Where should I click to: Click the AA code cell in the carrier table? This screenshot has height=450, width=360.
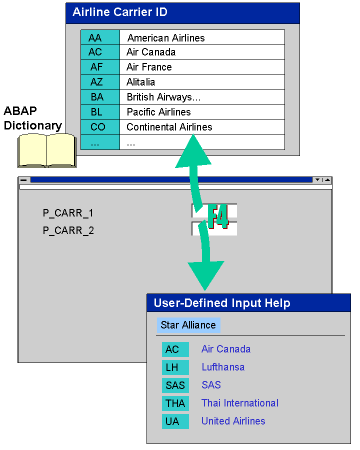(100, 37)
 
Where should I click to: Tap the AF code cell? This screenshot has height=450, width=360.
(100, 67)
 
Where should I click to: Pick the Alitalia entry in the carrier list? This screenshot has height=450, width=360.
(140, 82)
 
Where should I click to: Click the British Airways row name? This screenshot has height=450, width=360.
(163, 97)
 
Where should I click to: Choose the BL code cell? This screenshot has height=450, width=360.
(100, 112)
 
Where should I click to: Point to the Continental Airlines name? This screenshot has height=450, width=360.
(169, 127)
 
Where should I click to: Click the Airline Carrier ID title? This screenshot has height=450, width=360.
(120, 12)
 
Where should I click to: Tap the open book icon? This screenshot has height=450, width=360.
(47, 150)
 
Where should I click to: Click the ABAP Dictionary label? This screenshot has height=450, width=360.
(32, 118)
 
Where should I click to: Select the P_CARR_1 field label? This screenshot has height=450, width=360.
(68, 213)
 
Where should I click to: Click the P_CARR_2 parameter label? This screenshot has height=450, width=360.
(68, 230)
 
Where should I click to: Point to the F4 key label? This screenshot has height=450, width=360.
(218, 216)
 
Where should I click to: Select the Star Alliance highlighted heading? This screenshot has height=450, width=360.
(188, 325)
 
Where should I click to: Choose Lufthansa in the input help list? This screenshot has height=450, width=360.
(223, 367)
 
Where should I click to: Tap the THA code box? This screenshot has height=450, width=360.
(175, 403)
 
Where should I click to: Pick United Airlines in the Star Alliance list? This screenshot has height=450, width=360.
(233, 421)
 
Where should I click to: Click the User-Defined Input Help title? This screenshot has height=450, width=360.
(222, 303)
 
